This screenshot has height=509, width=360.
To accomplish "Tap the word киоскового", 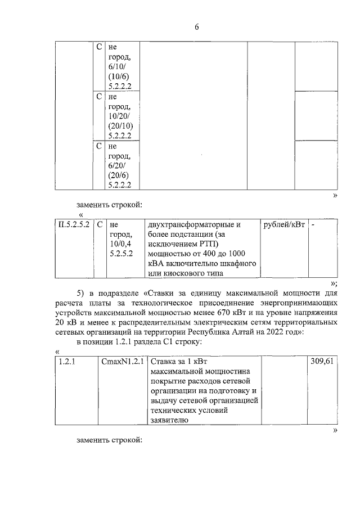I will pos(190,273).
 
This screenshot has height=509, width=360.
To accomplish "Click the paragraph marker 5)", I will pos(82,294).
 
